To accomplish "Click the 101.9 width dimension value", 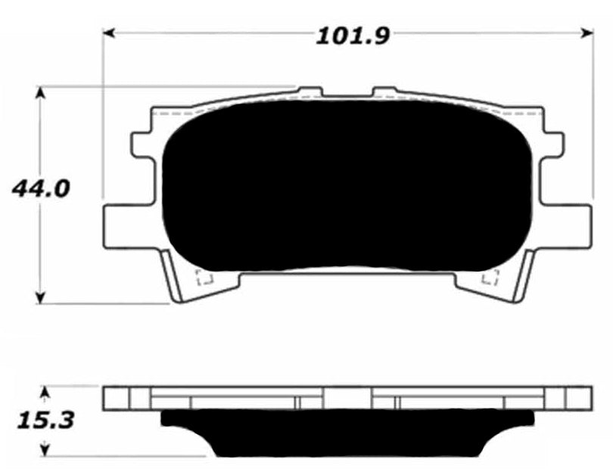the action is [x=353, y=36].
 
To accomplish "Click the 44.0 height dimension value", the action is [x=41, y=188].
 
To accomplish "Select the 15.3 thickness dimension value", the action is [x=45, y=421].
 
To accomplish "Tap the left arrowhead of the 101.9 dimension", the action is [x=109, y=33].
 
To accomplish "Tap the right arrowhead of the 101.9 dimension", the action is [x=587, y=33].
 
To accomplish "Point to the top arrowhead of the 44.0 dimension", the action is [x=39, y=93].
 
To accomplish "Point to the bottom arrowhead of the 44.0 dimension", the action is [x=39, y=298].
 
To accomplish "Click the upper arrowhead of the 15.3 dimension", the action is [x=45, y=393].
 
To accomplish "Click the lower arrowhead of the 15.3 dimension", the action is [x=45, y=449].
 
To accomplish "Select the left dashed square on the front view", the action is [x=204, y=277].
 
